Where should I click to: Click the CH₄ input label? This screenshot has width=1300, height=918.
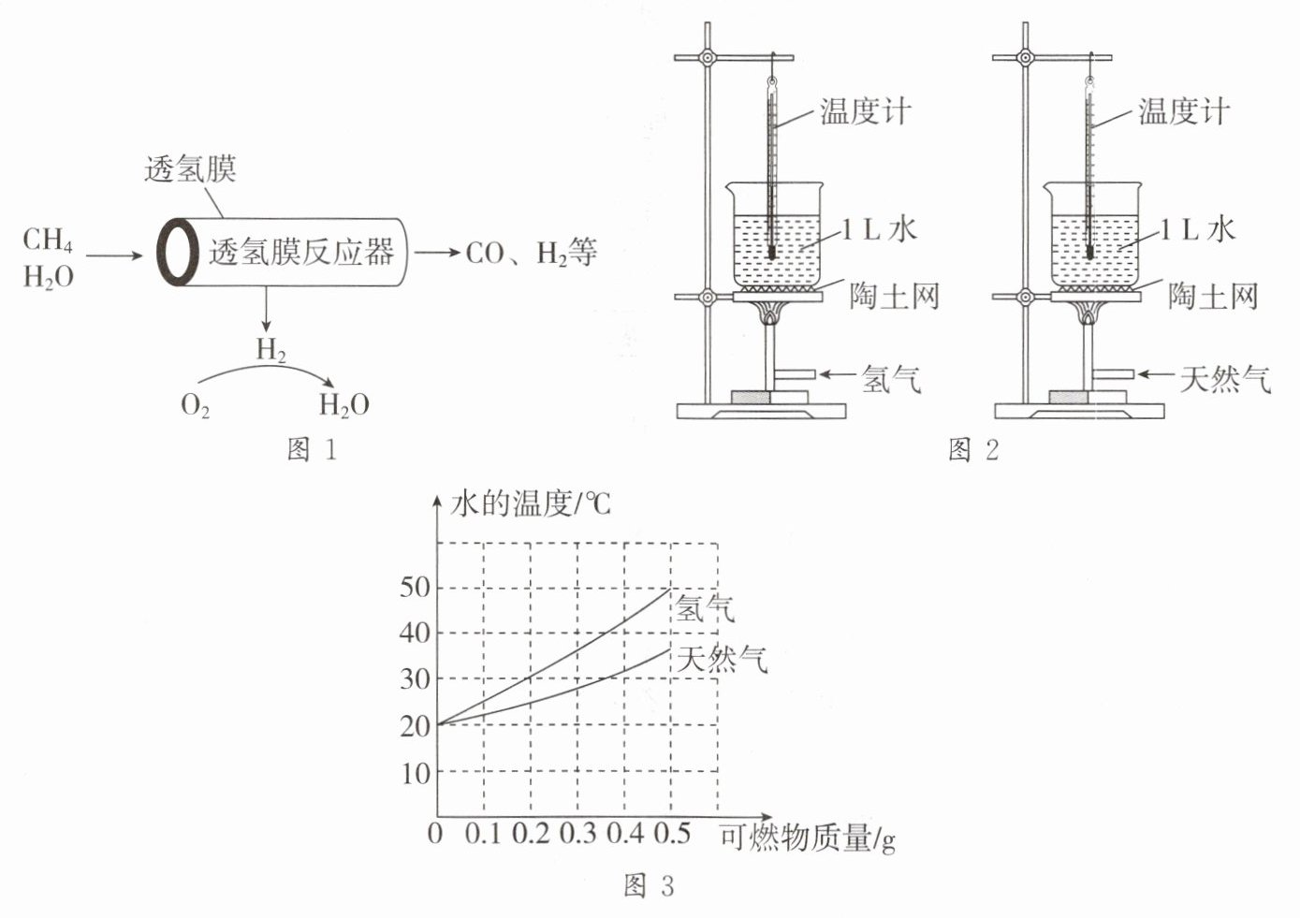[48, 240]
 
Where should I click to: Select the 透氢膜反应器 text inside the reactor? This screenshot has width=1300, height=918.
[301, 252]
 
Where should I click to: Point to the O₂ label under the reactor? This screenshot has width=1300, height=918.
[195, 405]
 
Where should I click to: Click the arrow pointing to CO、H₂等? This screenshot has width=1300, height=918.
[437, 253]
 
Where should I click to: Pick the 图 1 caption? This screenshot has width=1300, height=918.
[313, 449]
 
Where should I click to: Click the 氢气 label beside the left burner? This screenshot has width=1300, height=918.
[891, 379]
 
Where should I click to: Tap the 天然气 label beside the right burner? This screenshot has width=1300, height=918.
[1225, 379]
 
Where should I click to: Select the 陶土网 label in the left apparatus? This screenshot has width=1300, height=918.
[894, 296]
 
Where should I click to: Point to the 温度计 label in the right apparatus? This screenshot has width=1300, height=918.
[1184, 111]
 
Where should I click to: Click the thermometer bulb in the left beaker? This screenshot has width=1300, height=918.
[771, 254]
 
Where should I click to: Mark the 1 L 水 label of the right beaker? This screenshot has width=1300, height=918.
[1197, 230]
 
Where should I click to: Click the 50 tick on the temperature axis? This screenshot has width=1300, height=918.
[415, 588]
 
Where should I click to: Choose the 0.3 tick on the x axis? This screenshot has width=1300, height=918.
[577, 833]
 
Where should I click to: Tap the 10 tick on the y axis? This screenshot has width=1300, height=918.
[416, 774]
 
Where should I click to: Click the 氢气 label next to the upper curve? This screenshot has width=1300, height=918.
[704, 608]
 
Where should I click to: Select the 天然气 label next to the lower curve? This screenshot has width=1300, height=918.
[722, 660]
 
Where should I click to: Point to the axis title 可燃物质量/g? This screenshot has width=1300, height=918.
[808, 838]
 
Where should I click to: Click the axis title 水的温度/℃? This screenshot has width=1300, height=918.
[531, 503]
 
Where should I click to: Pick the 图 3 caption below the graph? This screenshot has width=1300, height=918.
[649, 886]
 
